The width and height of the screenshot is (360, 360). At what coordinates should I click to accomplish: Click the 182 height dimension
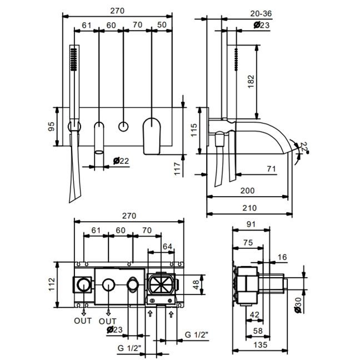[251, 81]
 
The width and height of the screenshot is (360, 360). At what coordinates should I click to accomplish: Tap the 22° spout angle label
[304, 147]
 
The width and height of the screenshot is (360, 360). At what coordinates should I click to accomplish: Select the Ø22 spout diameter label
[121, 161]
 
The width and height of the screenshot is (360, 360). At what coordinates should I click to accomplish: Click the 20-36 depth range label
[261, 13]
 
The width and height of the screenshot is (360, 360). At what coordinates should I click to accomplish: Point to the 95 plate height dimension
[52, 127]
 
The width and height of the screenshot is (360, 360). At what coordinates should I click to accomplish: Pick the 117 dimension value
[177, 169]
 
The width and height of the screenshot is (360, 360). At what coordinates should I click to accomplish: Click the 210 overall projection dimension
[249, 208]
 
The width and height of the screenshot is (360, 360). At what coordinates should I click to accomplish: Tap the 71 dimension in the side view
[271, 169]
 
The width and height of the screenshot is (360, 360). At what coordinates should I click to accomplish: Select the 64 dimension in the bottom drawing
[167, 247]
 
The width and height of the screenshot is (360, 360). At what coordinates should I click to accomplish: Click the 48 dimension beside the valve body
[196, 284]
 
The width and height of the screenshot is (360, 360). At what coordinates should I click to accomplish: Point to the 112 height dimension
[52, 284]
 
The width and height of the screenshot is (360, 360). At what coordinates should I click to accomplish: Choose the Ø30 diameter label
[298, 305]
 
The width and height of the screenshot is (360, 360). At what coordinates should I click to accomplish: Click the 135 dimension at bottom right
[261, 344]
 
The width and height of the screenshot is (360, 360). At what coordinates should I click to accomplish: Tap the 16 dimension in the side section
[282, 257]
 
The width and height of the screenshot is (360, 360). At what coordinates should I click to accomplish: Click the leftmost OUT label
[83, 321]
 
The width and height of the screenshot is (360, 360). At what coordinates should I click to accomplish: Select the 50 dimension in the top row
[162, 25]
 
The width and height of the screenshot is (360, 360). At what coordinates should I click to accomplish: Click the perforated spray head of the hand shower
[74, 59]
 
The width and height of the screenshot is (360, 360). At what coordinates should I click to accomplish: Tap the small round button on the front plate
[123, 127]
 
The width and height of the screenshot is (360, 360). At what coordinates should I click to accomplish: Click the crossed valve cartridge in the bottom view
[161, 284]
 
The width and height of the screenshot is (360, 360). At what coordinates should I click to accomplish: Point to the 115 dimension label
[194, 130]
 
